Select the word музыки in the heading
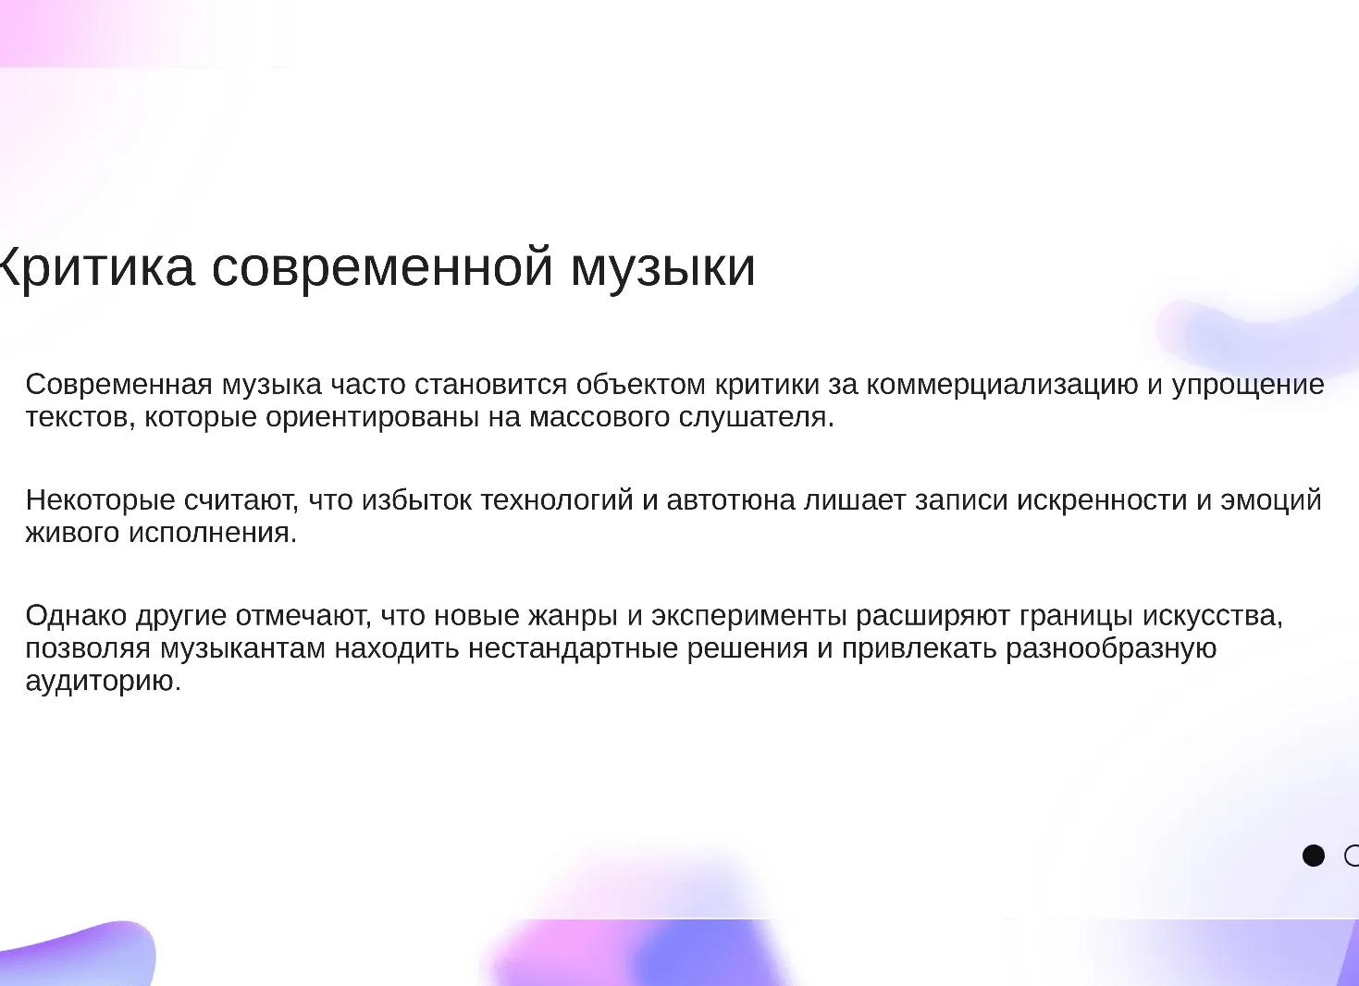[x=663, y=267]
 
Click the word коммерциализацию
[x=1002, y=384]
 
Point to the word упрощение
[x=1248, y=384]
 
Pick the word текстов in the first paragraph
[x=80, y=417]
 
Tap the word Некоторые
[x=100, y=500]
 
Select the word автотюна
[x=731, y=500]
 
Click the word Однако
[x=76, y=616]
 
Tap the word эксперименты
[x=748, y=616]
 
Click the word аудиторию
[x=103, y=682]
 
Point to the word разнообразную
[x=1110, y=648]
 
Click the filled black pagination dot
[x=1313, y=856]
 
